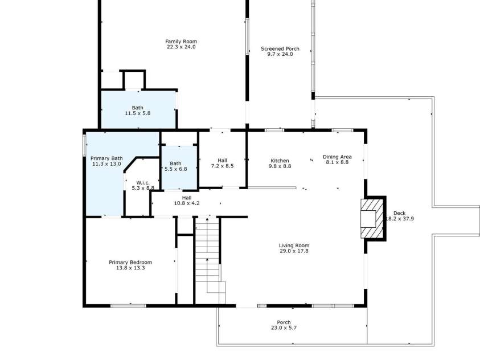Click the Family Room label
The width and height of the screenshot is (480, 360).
[181, 41]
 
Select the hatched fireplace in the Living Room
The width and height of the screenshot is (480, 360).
[370, 218]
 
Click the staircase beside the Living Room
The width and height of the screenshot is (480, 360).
[208, 256]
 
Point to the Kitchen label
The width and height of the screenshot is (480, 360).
[279, 161]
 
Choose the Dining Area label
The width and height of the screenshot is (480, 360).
[337, 157]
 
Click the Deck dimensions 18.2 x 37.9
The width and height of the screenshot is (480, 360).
[400, 218]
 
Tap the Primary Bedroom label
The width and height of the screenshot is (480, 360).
[130, 262]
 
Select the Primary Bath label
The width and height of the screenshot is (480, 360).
[106, 158]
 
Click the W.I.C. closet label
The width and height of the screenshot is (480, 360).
[142, 182]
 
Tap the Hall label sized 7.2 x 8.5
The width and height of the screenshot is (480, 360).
[223, 161]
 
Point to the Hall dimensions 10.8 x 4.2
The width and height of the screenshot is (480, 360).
[186, 203]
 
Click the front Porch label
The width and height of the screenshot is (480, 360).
[284, 322]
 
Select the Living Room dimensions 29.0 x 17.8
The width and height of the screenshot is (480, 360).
[294, 251]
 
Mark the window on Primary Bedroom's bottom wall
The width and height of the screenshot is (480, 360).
[125, 306]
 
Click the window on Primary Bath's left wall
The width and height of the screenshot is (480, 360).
[85, 145]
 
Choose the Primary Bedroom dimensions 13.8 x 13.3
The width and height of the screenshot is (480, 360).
[130, 268]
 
